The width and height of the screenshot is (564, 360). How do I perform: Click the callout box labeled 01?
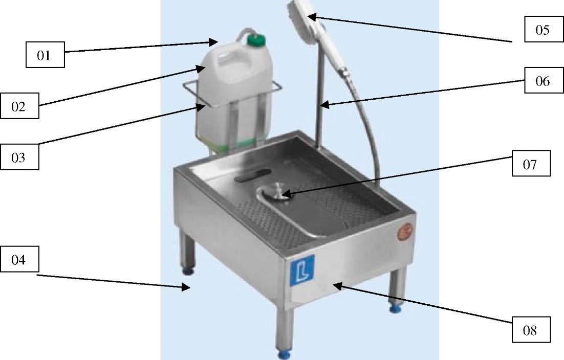point(46,55)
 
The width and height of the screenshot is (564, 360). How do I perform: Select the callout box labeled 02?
point(19,106)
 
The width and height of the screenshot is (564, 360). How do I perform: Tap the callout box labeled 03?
point(19,157)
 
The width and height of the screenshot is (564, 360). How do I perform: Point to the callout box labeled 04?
point(19,259)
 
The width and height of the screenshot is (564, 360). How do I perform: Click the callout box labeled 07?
point(531,164)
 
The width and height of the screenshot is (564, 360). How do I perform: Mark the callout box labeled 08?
point(531,329)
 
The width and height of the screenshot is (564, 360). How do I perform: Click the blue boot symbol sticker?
point(302,270)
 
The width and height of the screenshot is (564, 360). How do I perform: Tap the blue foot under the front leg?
point(284,355)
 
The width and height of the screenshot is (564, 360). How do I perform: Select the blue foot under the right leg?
point(395,308)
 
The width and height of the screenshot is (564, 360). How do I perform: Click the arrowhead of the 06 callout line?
point(324,105)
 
